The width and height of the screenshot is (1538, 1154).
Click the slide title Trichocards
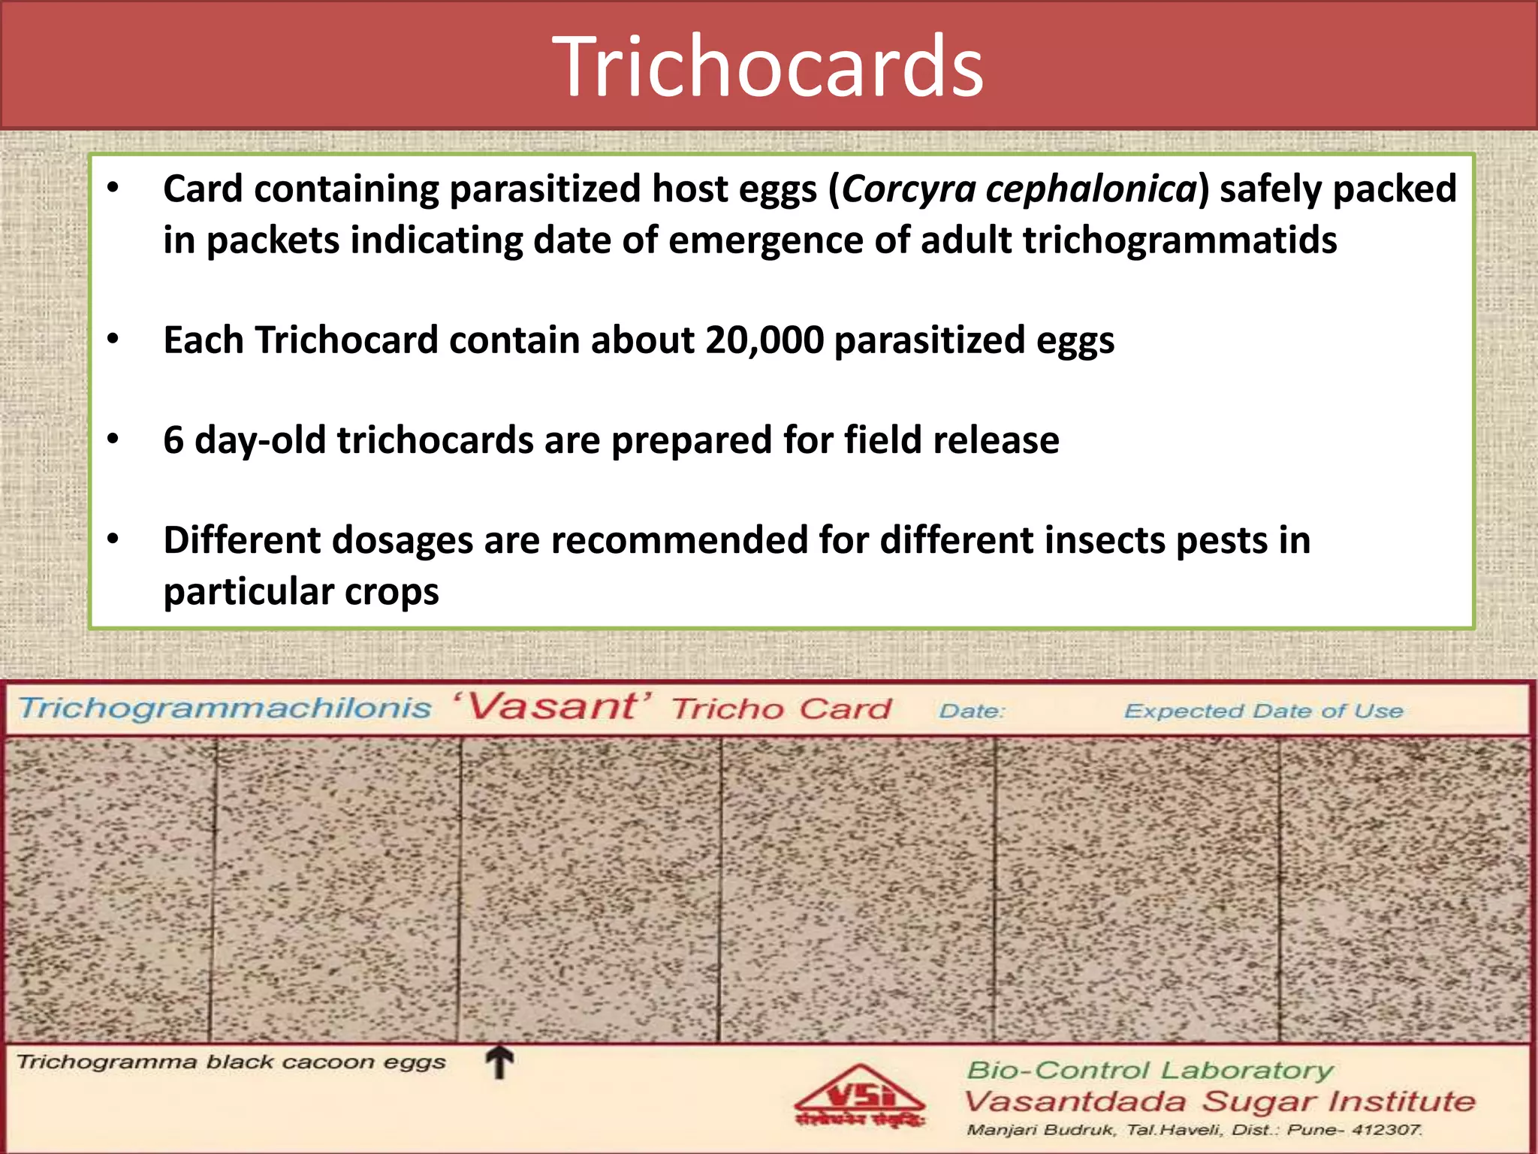767,68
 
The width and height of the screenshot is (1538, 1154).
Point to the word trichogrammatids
1180,241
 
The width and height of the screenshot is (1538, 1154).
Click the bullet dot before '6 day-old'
113,439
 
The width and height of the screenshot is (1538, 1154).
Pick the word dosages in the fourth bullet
403,540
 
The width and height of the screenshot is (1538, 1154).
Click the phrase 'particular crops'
301,592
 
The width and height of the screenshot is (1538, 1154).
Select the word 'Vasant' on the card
552,707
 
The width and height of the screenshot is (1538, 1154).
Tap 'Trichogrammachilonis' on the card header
225,708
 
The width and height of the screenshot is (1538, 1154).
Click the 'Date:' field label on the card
971,711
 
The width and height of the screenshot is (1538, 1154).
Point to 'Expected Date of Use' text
1263,711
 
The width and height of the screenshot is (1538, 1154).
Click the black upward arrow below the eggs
499,1063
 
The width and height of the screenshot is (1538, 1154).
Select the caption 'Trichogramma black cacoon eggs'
231,1062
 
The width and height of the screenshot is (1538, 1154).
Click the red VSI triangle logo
861,1097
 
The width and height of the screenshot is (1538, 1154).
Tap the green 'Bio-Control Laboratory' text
1150,1070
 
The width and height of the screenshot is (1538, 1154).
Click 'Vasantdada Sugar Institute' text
1219,1102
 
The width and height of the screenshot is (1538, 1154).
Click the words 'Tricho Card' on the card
781,709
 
